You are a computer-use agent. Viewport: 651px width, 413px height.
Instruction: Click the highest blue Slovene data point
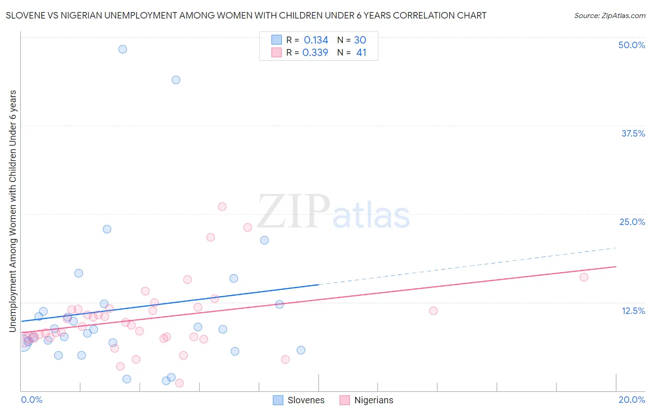click(x=123, y=49)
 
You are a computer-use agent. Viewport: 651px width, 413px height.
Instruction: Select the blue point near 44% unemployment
click(x=176, y=80)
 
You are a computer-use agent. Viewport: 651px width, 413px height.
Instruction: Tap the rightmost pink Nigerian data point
click(x=584, y=277)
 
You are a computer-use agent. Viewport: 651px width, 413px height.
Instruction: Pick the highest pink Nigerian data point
click(x=222, y=206)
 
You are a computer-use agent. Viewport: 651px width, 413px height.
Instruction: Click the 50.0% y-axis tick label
click(x=632, y=45)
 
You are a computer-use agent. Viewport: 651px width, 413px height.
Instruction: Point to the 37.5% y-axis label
click(x=633, y=133)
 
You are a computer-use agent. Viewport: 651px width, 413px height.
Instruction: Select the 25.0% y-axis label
click(x=632, y=222)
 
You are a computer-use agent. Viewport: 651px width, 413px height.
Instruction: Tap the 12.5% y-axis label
click(x=633, y=311)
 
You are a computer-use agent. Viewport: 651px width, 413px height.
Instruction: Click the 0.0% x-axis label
click(x=32, y=400)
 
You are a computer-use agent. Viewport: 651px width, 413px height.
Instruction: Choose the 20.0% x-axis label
click(x=632, y=400)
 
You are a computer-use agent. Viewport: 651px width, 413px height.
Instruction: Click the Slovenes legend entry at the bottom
click(x=299, y=400)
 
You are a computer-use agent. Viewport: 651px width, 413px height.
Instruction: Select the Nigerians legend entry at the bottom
click(x=366, y=400)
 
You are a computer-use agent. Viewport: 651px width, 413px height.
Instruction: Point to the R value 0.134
click(x=316, y=40)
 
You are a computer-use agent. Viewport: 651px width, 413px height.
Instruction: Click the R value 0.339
click(x=315, y=53)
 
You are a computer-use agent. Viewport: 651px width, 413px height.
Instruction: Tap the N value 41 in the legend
click(x=361, y=53)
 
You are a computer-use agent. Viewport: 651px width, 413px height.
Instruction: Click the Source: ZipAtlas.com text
click(x=609, y=16)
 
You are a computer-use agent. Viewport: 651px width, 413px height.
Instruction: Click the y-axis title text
click(x=13, y=211)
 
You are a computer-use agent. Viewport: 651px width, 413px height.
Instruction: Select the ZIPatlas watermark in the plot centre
click(x=333, y=212)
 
